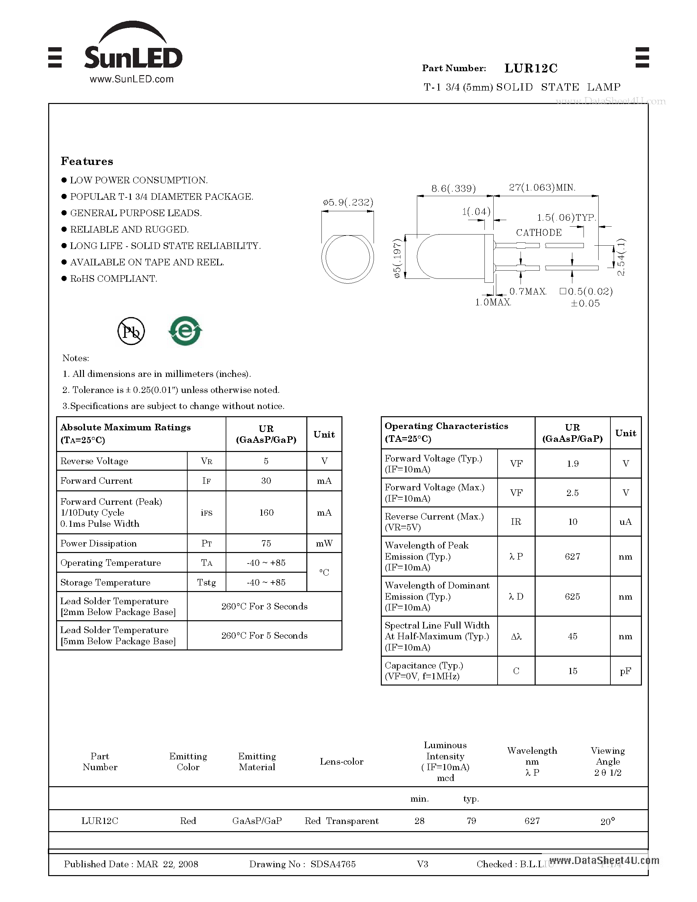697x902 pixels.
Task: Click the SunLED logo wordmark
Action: [x=133, y=58]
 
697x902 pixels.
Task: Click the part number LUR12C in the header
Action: [x=531, y=68]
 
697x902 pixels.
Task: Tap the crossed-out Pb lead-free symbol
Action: [x=131, y=331]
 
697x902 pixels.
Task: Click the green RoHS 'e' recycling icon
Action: [x=185, y=331]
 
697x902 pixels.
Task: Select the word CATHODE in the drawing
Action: [x=539, y=233]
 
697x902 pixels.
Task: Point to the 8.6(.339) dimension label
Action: [x=453, y=189]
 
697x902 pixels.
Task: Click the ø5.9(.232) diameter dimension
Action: [x=348, y=202]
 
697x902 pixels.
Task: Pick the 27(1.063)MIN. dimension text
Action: [x=542, y=188]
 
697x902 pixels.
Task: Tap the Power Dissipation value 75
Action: [x=266, y=543]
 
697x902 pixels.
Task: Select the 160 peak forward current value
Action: [x=266, y=513]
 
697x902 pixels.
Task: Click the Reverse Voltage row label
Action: [x=94, y=461]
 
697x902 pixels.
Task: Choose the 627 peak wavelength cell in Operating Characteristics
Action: [x=572, y=556]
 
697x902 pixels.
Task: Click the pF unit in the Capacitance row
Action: [x=625, y=671]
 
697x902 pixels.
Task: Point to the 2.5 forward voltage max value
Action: [x=572, y=493]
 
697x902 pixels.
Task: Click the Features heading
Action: [x=87, y=161]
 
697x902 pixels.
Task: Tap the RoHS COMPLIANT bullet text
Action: [x=113, y=279]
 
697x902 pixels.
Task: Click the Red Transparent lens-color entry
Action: [x=341, y=821]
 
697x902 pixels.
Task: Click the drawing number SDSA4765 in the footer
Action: [x=333, y=864]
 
